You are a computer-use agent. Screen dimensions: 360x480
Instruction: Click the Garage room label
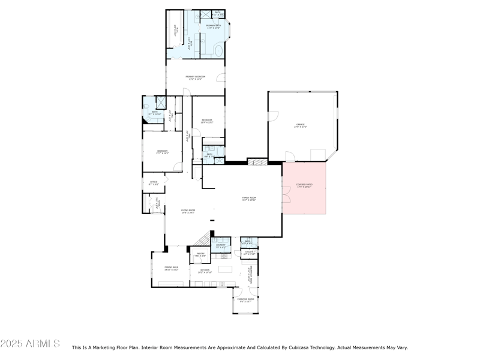click(x=301, y=126)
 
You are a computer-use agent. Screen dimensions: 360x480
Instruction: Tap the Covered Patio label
click(x=304, y=185)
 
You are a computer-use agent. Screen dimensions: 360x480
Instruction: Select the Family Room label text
click(x=249, y=199)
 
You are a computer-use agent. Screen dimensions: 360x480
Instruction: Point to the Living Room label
click(x=188, y=211)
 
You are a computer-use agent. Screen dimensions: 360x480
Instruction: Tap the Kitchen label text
click(x=205, y=271)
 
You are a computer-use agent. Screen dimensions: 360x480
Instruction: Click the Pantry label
click(x=200, y=254)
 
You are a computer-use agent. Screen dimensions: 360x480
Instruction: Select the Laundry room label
click(x=221, y=245)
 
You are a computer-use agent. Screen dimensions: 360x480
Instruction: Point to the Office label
click(x=153, y=183)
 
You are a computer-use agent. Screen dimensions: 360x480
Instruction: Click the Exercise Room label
click(x=246, y=299)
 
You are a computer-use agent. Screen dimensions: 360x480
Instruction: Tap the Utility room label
click(x=249, y=253)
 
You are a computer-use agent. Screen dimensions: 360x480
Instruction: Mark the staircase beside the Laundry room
click(x=205, y=238)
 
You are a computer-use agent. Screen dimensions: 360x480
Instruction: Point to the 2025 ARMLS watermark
click(x=30, y=344)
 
